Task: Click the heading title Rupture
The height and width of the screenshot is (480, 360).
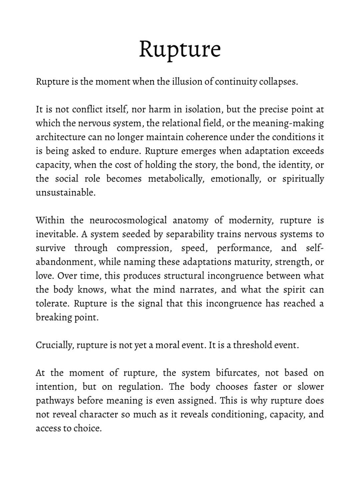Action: (x=180, y=49)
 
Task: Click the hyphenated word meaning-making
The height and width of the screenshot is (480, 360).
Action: (x=288, y=123)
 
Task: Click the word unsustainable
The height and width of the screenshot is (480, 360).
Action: (x=65, y=193)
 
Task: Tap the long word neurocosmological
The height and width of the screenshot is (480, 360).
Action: (x=128, y=220)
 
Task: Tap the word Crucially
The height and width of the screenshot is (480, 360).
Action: (x=55, y=345)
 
